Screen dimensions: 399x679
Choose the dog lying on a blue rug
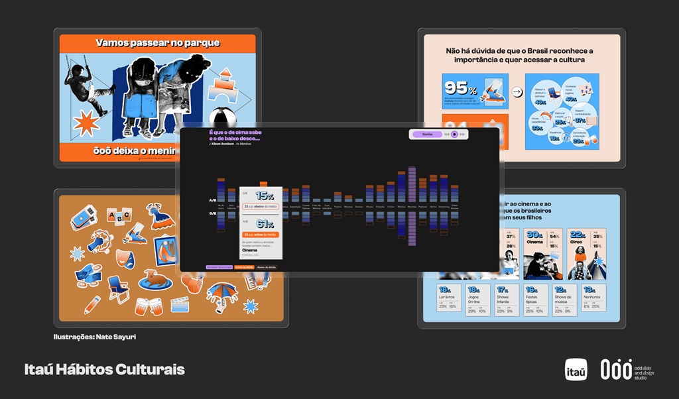tap(156, 279)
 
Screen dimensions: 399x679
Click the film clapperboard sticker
tap(180, 304)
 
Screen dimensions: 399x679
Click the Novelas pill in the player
tap(427, 134)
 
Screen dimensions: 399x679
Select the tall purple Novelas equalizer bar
tap(412, 205)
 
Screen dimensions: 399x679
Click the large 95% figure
tap(458, 88)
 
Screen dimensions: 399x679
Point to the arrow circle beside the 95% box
tap(517, 91)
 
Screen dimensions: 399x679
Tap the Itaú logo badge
tap(576, 370)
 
